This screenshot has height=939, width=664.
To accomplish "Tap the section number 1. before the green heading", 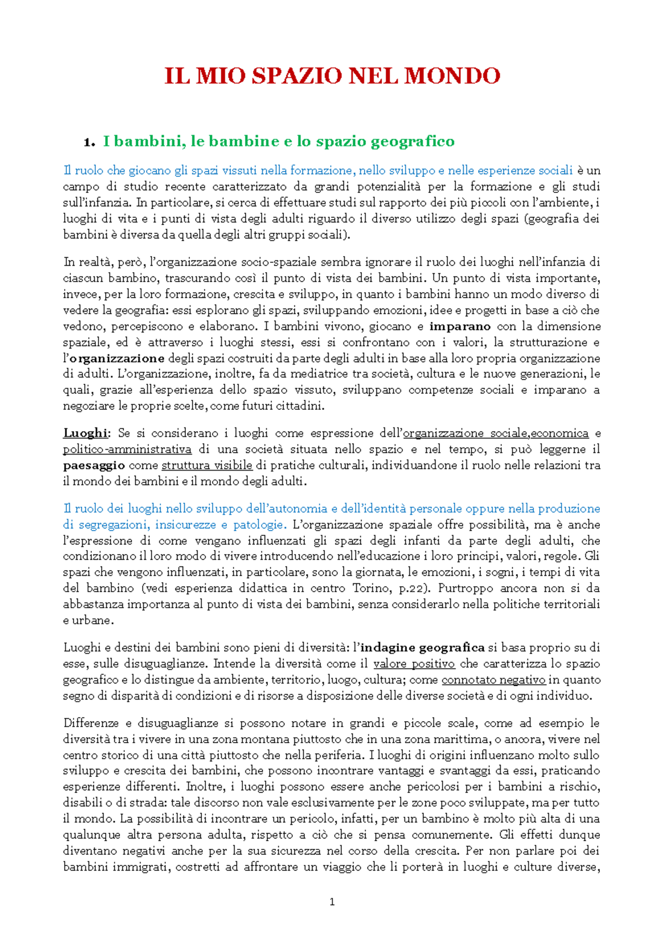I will (89, 142).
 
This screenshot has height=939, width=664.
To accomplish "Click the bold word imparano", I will (460, 326).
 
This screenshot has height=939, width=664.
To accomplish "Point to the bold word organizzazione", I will (118, 358).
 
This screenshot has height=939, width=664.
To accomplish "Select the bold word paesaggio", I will (94, 465).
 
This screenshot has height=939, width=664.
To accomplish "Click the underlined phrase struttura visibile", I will (206, 465).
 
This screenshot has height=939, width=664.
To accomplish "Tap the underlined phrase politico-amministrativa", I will (127, 449).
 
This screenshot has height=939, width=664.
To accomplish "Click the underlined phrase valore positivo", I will (414, 664).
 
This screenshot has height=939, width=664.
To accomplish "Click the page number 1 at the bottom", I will (332, 902).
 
